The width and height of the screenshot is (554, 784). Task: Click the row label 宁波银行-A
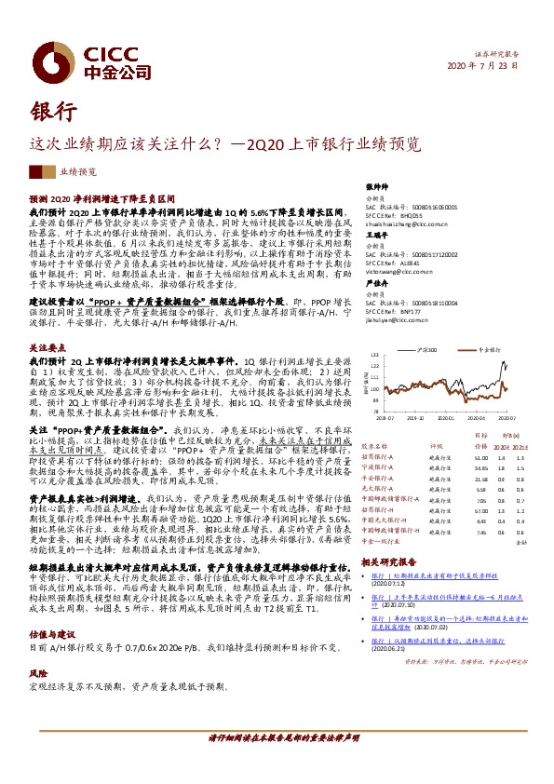click(376, 467)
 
